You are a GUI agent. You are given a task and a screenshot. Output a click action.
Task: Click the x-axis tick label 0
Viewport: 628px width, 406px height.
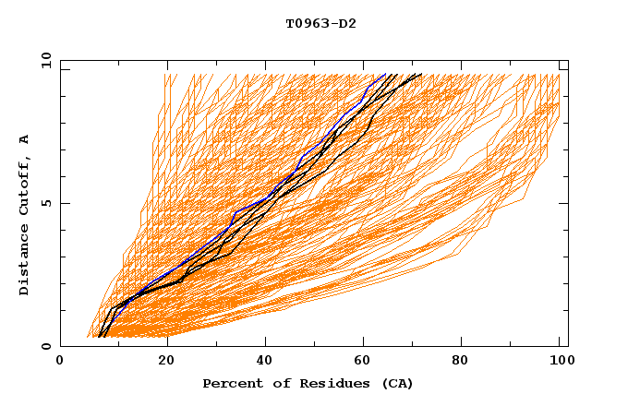[60, 362]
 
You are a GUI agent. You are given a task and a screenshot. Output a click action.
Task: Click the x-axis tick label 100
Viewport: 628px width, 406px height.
[559, 362]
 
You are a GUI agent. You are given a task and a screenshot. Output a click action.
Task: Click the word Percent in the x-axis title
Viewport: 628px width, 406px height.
[231, 383]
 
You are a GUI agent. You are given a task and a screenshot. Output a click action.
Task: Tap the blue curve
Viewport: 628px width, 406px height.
[268, 195]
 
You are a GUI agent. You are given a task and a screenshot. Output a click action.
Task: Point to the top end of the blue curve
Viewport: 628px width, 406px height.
[385, 74]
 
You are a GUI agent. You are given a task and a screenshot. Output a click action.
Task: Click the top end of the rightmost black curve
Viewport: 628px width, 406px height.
[422, 74]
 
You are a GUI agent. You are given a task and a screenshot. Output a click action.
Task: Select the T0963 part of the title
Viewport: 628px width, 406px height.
[306, 24]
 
